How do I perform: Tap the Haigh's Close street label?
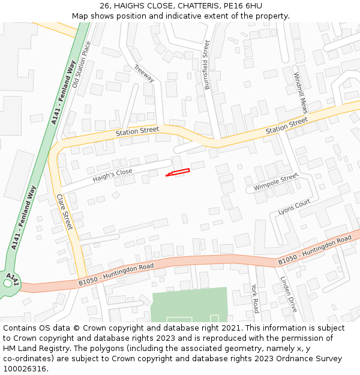112,175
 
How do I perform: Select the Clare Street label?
64,212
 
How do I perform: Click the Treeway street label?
144,73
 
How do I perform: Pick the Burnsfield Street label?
208,65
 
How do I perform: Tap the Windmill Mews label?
301,93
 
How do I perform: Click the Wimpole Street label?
275,182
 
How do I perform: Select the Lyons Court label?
294,207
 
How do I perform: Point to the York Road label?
255,298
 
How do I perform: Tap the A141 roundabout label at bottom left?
11,280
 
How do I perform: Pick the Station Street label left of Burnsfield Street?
137,131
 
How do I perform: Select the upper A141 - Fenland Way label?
64,92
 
